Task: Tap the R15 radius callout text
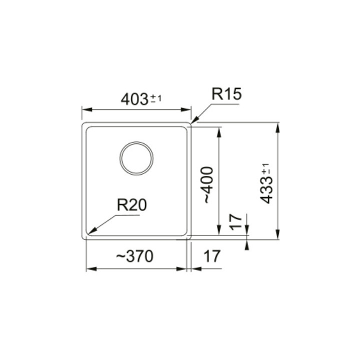[x=226, y=93]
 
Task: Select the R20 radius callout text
[x=131, y=205]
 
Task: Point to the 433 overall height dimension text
[x=266, y=184]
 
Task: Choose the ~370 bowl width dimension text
[x=134, y=256]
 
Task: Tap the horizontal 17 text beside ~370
[x=212, y=256]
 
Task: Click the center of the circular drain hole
[x=136, y=158]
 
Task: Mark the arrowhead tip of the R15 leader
[x=191, y=123]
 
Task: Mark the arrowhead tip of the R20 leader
[x=88, y=233]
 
